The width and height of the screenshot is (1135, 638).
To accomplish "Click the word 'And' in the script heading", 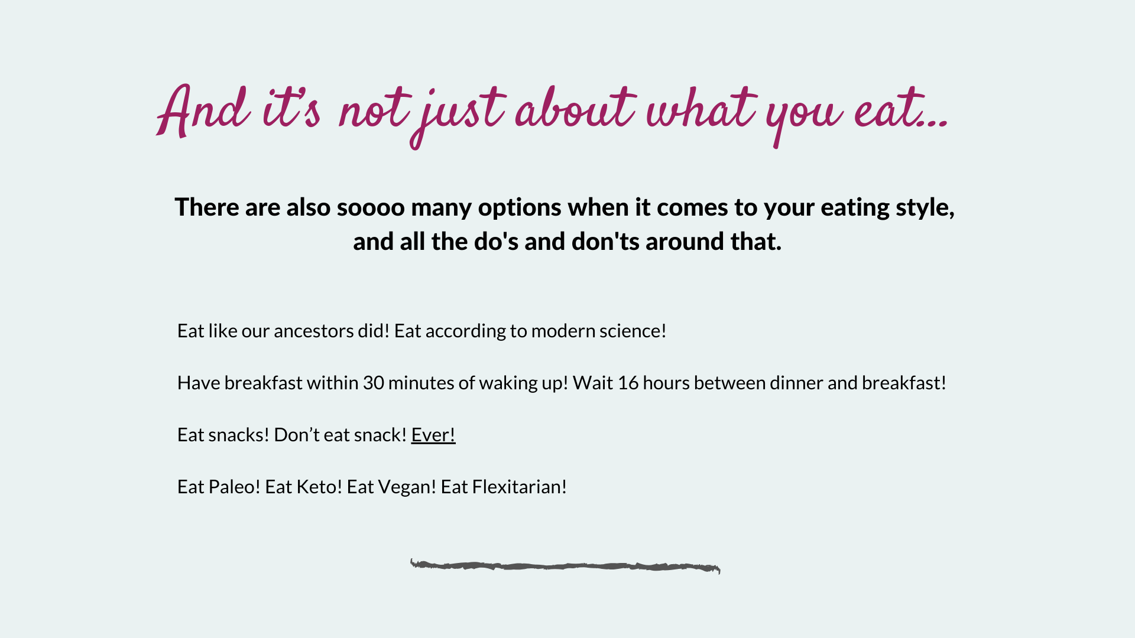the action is click(x=203, y=111).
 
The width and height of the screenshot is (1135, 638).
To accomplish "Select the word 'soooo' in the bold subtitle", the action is click(x=371, y=207).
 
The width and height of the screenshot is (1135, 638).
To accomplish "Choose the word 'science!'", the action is click(x=633, y=331).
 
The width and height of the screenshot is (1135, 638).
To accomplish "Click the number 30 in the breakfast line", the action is click(x=374, y=383).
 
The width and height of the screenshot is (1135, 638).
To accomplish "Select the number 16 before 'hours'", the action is click(x=628, y=383).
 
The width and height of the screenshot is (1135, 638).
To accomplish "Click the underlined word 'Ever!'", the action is click(x=433, y=435).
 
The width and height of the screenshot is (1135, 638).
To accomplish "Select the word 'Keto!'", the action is click(x=319, y=487).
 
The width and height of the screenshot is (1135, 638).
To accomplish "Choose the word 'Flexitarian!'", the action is click(x=520, y=487).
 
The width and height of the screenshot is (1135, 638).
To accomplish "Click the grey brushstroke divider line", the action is click(x=565, y=567).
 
